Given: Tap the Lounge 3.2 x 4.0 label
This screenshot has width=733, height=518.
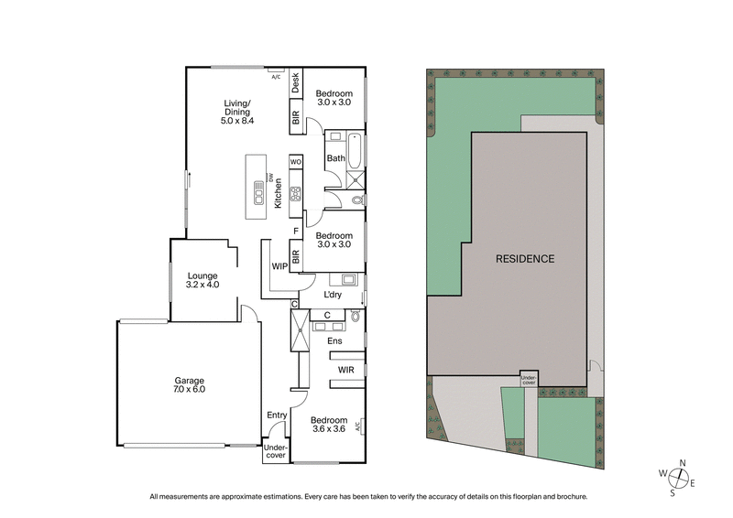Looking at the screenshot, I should point(201,279).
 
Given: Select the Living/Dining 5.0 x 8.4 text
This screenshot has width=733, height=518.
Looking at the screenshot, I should point(236,111).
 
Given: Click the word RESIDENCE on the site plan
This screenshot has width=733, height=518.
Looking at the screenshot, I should point(525,259).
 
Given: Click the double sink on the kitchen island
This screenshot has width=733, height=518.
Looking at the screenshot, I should point(259,195).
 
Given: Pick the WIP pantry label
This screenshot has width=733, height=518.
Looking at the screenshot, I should point(280,267).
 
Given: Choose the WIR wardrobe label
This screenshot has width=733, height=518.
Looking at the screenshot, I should point(346,370).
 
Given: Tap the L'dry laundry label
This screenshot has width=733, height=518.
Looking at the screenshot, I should point(334,295).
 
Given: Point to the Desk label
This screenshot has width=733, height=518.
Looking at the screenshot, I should point(296,84).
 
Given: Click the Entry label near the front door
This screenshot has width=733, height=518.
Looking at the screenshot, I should point(277,415).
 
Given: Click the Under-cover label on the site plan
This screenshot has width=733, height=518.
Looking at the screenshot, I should point(529,378).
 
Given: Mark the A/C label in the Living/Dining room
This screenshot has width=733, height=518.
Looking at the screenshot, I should point(275,76).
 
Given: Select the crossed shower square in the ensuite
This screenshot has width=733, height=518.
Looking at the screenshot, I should point(298,331).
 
